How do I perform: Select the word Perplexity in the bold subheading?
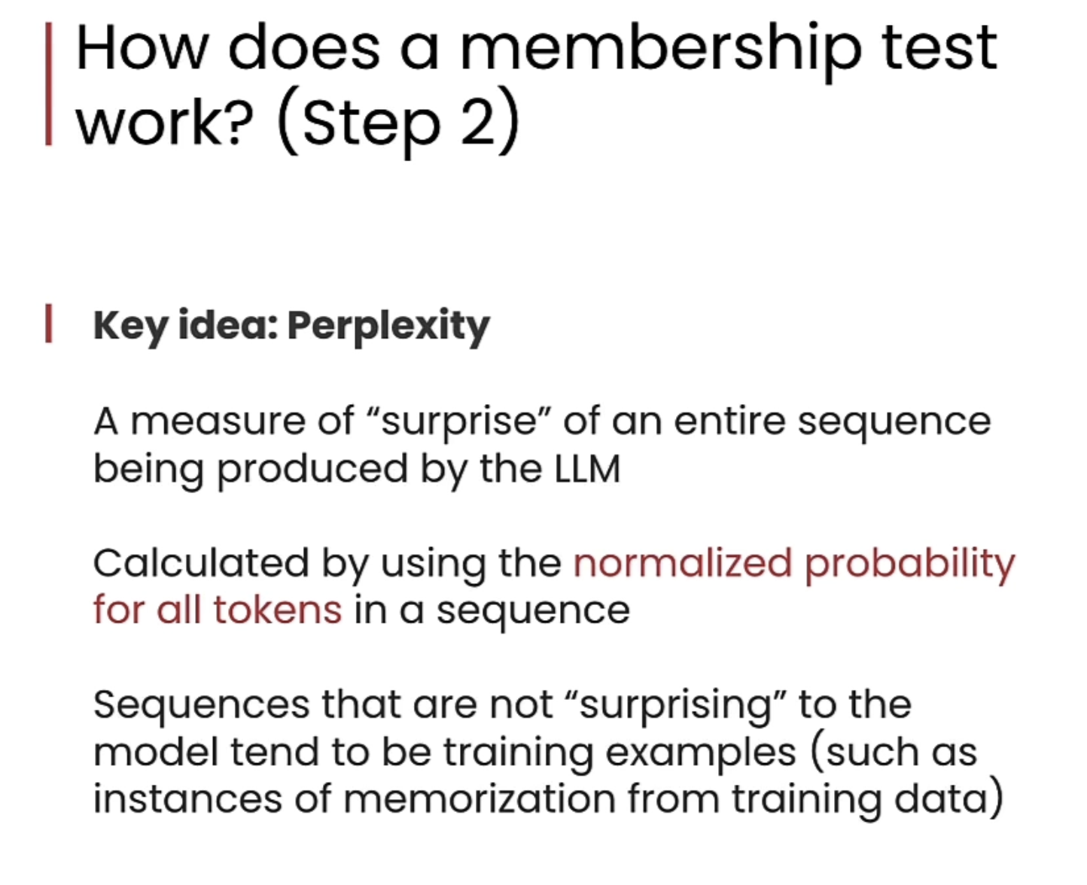[388, 327]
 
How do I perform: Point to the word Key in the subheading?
[130, 327]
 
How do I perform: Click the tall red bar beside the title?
[48, 84]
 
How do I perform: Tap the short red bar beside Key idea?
[48, 323]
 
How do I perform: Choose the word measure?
[218, 422]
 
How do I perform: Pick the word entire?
[729, 421]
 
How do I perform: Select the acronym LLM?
[587, 469]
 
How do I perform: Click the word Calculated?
[201, 563]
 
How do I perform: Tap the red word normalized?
[683, 563]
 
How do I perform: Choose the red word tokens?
[278, 610]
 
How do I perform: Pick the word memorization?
[480, 798]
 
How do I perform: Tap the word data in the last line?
[941, 798]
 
